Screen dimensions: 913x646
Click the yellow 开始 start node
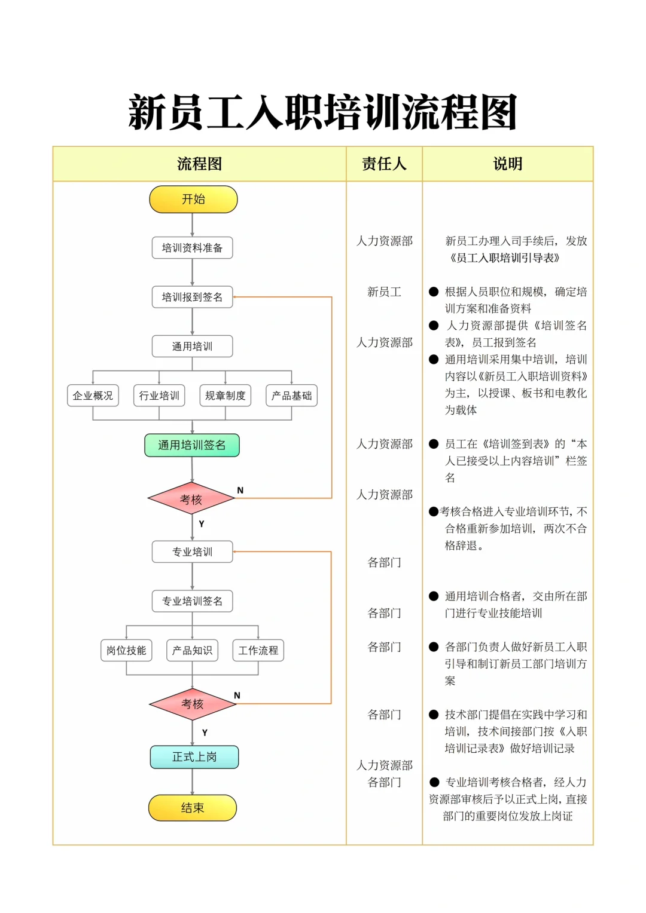point(193,199)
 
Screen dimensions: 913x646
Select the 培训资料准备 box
point(192,248)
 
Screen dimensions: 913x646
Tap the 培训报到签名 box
point(192,297)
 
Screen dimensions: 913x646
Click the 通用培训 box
point(192,347)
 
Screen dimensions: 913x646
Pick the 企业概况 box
point(93,396)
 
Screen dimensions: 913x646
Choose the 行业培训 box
point(159,396)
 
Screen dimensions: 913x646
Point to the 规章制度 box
point(225,396)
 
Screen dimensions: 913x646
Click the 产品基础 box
point(291,396)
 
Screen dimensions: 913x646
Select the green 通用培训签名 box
point(192,445)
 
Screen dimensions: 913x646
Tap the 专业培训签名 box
point(192,601)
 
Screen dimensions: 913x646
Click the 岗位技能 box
point(126,650)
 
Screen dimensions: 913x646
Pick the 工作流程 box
point(258,650)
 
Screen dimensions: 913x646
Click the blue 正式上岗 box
point(194,757)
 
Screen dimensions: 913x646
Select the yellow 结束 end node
point(193,808)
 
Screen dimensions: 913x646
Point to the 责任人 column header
point(384,164)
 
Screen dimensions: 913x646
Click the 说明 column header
point(507,164)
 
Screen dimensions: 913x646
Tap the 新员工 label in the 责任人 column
point(384,292)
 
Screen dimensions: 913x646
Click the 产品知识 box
point(192,650)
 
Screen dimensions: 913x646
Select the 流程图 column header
point(199,164)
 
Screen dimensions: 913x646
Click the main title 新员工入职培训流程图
point(323,112)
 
